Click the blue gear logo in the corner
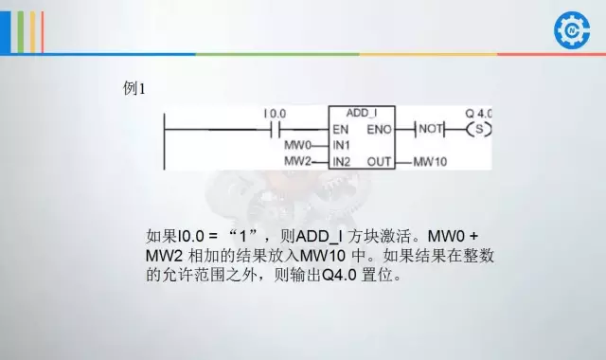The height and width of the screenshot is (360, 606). click(x=571, y=28)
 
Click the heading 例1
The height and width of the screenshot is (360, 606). click(x=134, y=88)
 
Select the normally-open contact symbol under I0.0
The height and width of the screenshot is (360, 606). click(x=278, y=127)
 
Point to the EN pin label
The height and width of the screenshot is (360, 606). click(x=341, y=128)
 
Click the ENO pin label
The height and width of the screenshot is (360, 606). click(x=378, y=128)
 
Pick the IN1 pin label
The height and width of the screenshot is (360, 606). click(x=342, y=145)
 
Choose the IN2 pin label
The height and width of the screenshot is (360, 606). click(x=342, y=162)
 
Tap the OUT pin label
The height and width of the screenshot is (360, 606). click(x=380, y=162)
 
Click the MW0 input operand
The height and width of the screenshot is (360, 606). click(x=297, y=145)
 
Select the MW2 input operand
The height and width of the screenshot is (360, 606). click(x=297, y=162)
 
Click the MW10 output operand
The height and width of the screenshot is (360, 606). click(x=430, y=162)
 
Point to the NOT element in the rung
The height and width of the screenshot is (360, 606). click(x=431, y=128)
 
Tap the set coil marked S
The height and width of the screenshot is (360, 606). click(x=480, y=128)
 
